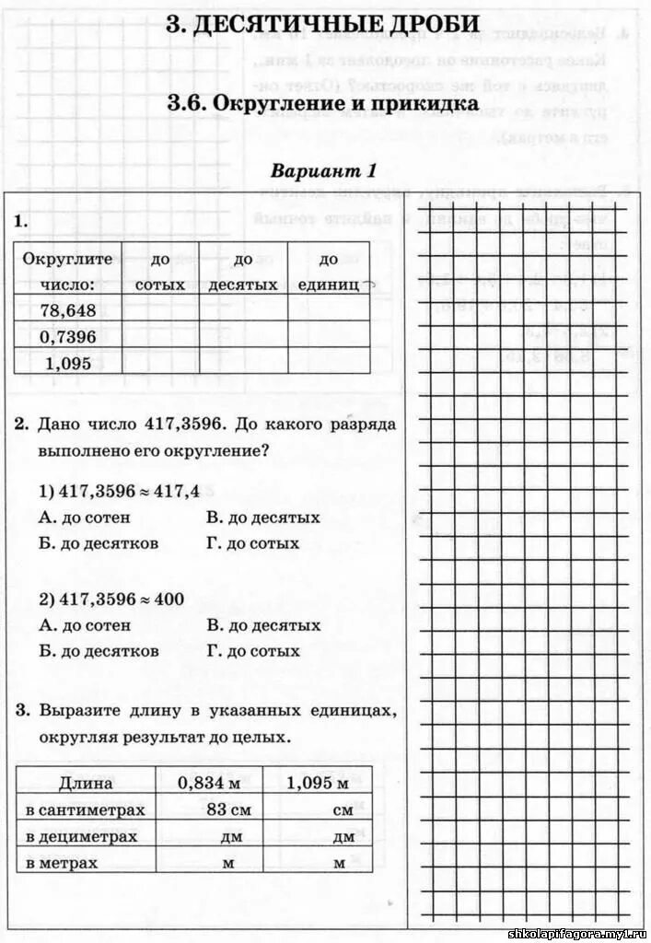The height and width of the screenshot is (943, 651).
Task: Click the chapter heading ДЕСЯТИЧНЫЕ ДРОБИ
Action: coord(322,25)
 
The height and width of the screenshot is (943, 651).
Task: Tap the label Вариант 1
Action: coord(323,171)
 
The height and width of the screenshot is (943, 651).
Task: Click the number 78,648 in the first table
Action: coord(68,311)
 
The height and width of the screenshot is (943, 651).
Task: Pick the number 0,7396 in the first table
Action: coord(68,337)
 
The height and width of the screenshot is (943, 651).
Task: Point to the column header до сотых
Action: coord(160,273)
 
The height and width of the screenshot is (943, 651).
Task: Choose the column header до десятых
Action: coord(242,273)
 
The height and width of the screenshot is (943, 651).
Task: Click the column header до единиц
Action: coord(329,273)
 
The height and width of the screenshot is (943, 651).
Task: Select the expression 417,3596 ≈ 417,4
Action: coord(120,491)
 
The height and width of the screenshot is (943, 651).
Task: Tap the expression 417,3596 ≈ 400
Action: coord(111,599)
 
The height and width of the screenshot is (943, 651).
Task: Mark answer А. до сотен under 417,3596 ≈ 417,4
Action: coord(86,518)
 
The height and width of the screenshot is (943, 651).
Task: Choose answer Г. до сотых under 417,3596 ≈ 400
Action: coord(253,651)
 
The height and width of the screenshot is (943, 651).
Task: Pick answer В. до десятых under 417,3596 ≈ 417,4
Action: coord(263,518)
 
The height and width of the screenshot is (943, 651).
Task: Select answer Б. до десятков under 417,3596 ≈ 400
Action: coord(99,651)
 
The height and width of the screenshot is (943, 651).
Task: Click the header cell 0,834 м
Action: coord(209,784)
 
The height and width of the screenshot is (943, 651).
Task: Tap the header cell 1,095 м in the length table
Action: coord(318,784)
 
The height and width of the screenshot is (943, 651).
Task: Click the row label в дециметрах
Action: coord(81,836)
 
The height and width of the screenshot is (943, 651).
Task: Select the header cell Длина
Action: coord(86,784)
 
